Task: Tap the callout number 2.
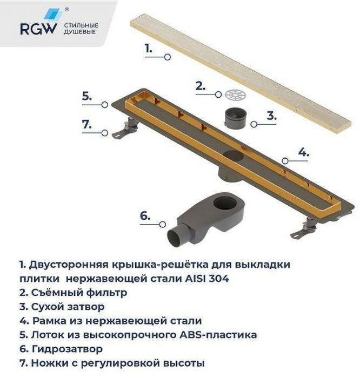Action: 201,86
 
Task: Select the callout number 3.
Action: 271,116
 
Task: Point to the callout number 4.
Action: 303,152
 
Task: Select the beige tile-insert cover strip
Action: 238,73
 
